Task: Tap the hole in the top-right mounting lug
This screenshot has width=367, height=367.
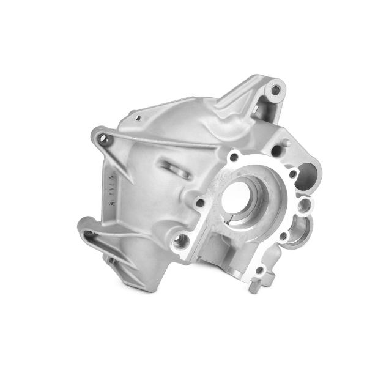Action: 276,90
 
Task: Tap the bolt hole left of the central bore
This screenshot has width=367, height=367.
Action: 199,201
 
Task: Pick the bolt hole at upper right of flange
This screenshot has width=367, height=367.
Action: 292,174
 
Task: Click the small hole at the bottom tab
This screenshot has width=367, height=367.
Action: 261,270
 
